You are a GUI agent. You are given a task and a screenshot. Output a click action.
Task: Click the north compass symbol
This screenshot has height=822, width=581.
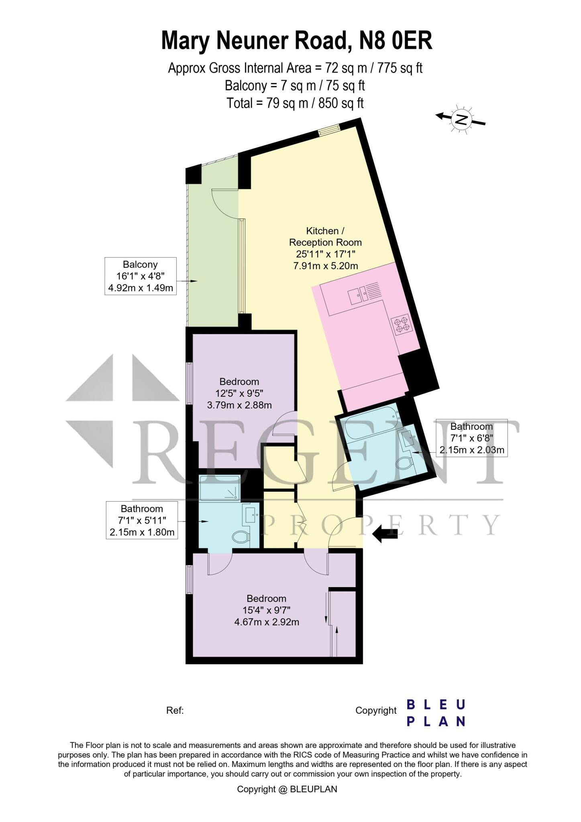pos(461,119)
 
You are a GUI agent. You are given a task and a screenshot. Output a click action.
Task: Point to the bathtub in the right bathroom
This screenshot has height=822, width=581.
pos(371,427)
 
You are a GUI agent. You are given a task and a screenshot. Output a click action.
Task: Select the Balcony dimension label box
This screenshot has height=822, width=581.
pos(141,276)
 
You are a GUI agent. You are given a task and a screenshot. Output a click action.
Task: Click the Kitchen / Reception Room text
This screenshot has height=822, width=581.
pos(325,237)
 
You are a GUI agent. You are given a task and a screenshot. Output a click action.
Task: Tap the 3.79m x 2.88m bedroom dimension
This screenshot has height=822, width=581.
pos(239,405)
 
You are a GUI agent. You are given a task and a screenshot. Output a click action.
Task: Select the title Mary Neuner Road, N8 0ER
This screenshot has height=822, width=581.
pos(297,41)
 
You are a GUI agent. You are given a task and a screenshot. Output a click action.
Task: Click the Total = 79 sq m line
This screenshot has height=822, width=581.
pos(295,103)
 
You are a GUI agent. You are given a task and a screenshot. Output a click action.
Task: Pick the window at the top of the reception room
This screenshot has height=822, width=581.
pos(329,129)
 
